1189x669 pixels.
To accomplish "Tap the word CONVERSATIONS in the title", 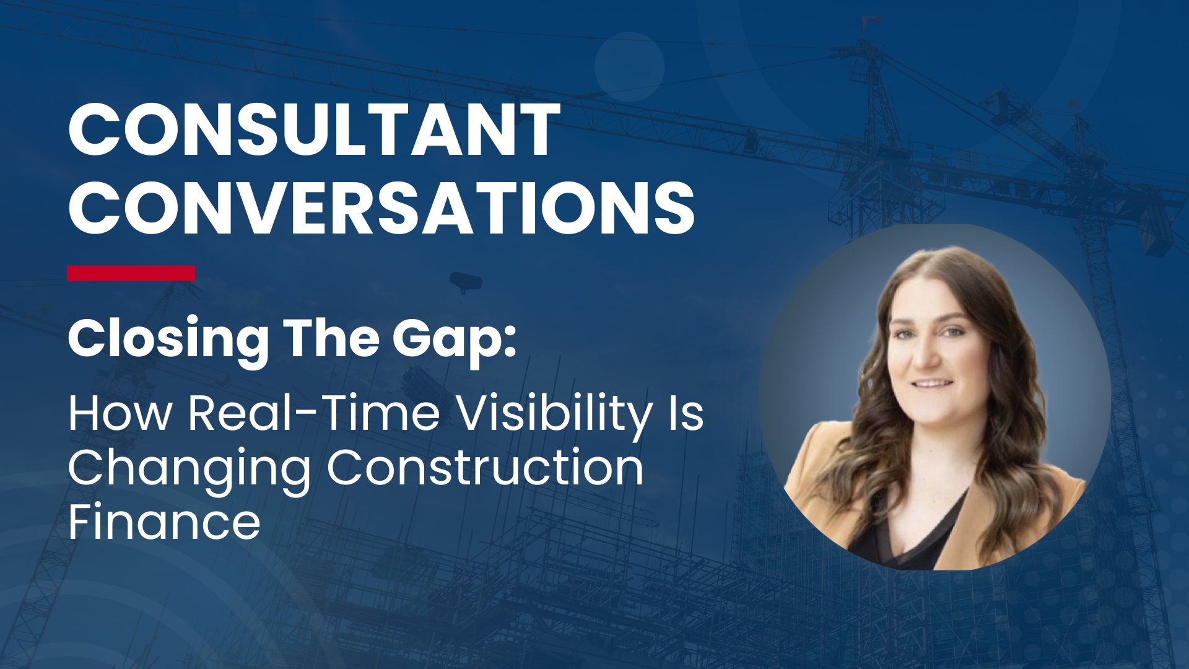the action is [x=381, y=208].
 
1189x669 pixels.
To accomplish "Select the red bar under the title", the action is [x=131, y=273].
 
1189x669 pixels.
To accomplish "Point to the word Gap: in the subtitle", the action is [x=455, y=339].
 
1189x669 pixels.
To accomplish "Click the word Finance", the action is [x=164, y=522].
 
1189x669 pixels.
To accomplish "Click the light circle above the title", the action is [x=630, y=67].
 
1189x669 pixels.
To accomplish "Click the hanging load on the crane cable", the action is [x=465, y=282].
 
